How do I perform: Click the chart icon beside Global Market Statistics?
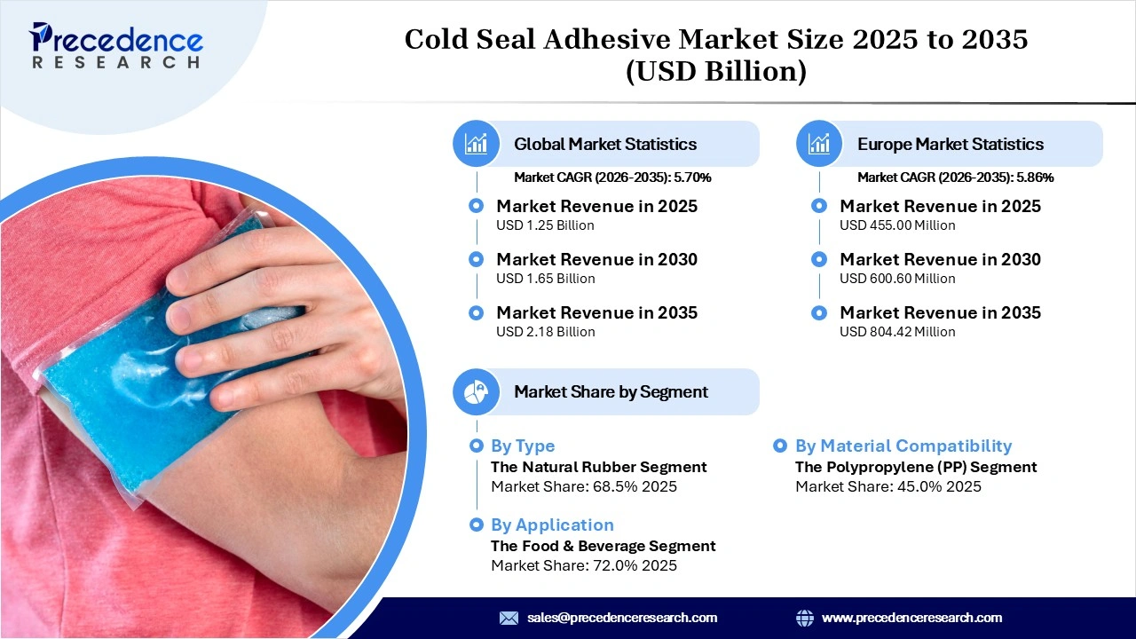[477, 144]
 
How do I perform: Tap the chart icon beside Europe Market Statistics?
[819, 144]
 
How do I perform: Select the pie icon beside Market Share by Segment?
[477, 391]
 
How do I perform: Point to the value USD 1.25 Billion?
[545, 225]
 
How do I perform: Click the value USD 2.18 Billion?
[545, 332]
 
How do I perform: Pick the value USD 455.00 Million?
[897, 225]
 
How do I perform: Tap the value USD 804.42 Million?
[897, 332]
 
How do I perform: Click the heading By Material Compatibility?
[903, 446]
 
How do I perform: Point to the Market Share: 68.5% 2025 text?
[583, 486]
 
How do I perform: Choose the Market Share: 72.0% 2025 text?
[583, 565]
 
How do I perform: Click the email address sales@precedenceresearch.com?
[621, 618]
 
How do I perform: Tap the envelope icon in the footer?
[509, 618]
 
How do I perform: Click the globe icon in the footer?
[805, 618]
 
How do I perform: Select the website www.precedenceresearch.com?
[911, 618]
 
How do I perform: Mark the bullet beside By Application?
[477, 525]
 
